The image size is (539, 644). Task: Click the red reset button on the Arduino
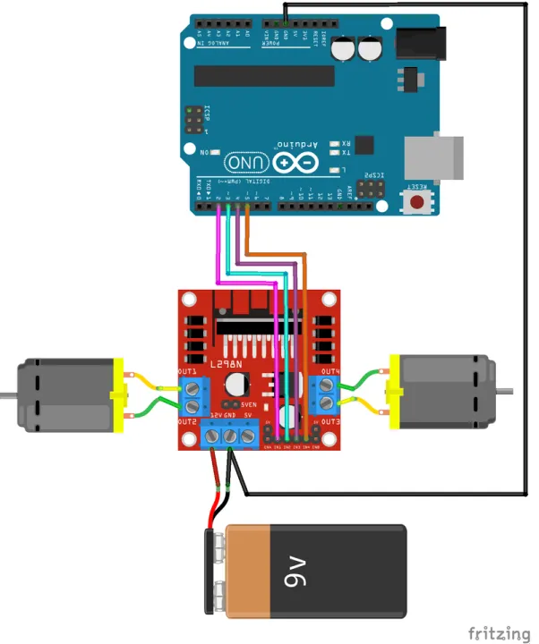417,201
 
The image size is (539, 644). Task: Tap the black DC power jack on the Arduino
418,42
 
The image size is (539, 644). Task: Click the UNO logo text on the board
245,163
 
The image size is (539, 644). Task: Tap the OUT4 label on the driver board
330,370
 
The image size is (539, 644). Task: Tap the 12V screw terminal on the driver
215,436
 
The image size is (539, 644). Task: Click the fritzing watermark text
499,632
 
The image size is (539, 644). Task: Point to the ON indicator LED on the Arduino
217,153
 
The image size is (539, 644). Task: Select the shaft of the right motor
506,390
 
